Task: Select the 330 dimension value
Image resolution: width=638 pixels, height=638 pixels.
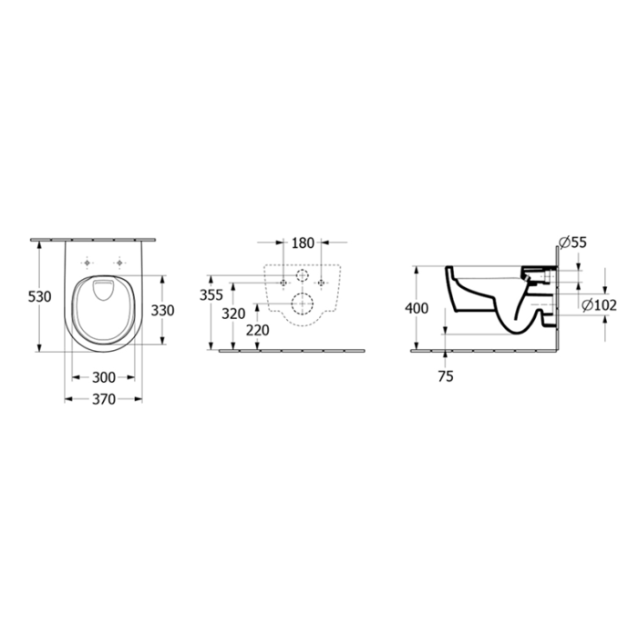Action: tap(161, 310)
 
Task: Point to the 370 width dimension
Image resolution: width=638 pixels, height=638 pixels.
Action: tap(103, 400)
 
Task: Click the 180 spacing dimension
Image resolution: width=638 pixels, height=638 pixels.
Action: tap(302, 243)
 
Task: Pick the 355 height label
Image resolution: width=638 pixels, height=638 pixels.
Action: tap(211, 294)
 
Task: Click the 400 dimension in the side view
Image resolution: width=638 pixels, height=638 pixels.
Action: tap(417, 308)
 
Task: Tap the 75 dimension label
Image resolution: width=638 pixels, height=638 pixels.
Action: tap(445, 375)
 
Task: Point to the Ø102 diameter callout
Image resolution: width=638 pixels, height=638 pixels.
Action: tap(598, 304)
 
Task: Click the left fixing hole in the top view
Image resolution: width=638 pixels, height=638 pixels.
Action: tap(87, 262)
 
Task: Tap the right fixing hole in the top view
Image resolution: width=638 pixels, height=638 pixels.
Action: tap(119, 262)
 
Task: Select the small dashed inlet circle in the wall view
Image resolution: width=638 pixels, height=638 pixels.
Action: tap(302, 275)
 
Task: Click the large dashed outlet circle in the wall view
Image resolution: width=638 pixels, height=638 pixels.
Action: tap(302, 304)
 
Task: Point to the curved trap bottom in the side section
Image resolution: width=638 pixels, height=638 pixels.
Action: tap(520, 328)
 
